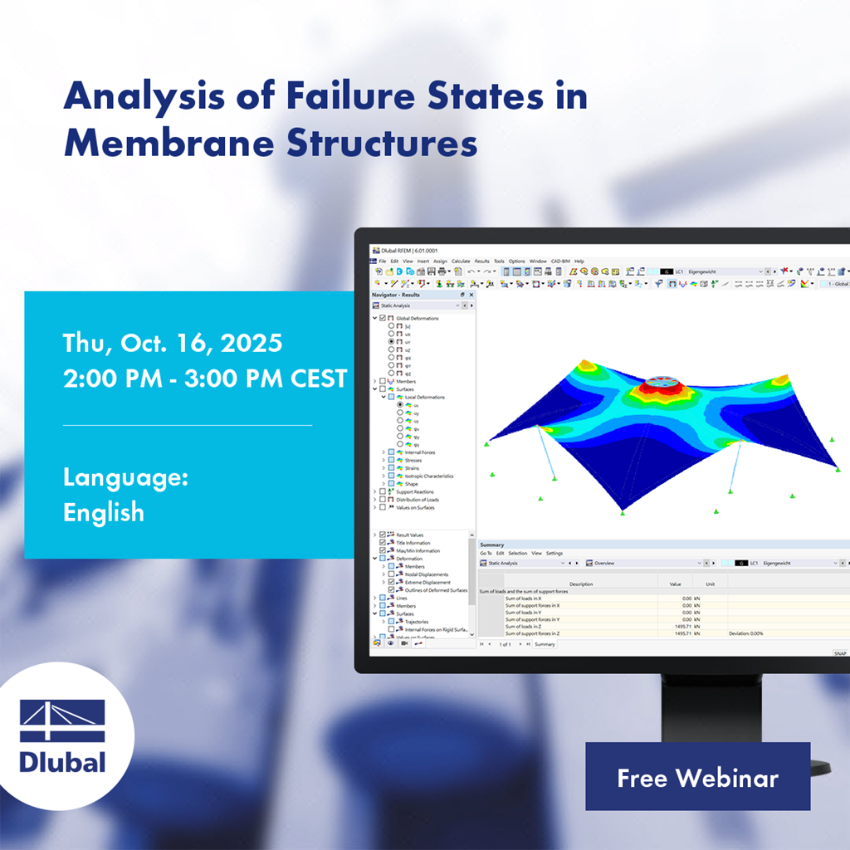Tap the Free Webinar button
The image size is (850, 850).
pyautogui.click(x=697, y=778)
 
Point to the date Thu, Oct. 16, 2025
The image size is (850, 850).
pyautogui.click(x=173, y=342)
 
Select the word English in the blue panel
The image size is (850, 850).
pyautogui.click(x=104, y=512)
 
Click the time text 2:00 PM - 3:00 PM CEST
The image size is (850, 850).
pyautogui.click(x=205, y=379)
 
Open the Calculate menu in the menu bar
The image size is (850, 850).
pyautogui.click(x=461, y=261)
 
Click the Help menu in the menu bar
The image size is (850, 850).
pyautogui.click(x=579, y=261)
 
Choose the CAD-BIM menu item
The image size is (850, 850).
pyautogui.click(x=560, y=261)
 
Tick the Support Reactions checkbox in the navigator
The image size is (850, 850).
pyautogui.click(x=383, y=492)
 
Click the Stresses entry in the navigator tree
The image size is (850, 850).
pyautogui.click(x=413, y=461)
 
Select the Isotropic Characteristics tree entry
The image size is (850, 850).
pyautogui.click(x=428, y=476)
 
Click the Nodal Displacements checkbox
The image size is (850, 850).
pyautogui.click(x=391, y=574)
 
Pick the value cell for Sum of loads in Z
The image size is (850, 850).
pyautogui.click(x=684, y=627)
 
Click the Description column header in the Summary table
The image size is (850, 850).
pyautogui.click(x=581, y=584)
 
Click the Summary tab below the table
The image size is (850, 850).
pyautogui.click(x=545, y=644)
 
